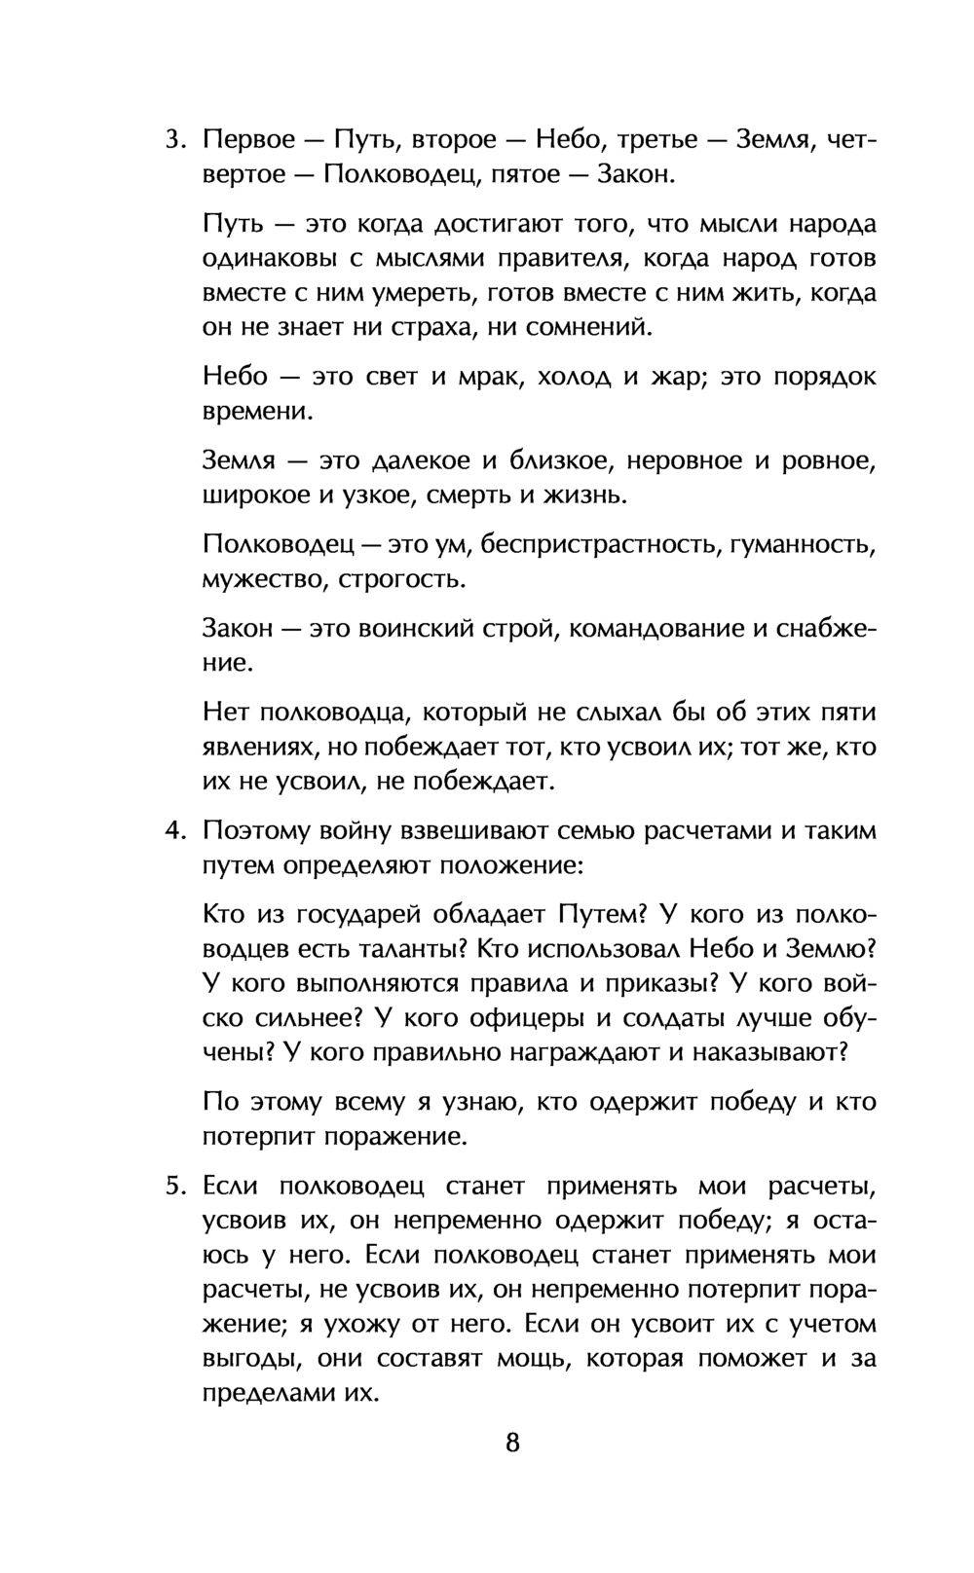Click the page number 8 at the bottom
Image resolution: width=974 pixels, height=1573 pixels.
tap(513, 1442)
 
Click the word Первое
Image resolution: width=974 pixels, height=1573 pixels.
tap(248, 140)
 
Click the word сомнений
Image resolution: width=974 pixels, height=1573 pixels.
tap(587, 327)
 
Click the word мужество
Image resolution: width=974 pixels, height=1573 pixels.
tap(262, 580)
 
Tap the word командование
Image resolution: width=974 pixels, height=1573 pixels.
tap(657, 629)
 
